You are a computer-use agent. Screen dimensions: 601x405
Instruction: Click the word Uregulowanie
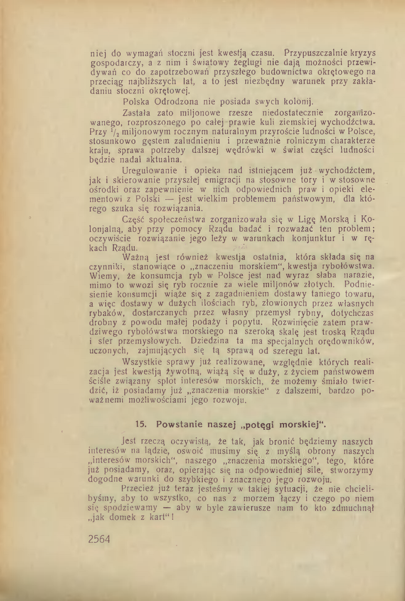(x=147, y=170)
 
